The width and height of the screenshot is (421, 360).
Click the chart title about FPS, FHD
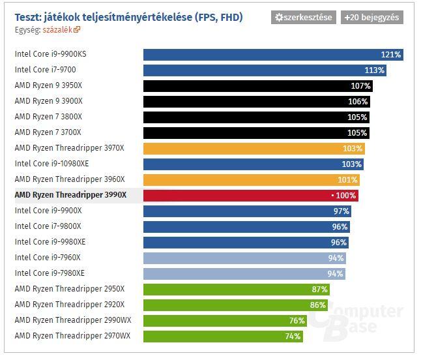[x=128, y=17]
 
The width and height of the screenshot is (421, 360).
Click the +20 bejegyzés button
[x=371, y=18]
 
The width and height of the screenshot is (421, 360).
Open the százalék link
[x=61, y=29]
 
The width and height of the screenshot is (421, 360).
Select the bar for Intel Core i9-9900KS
[x=272, y=55]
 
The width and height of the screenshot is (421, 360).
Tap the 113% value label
[x=375, y=70]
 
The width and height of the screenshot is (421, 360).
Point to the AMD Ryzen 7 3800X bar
[x=256, y=117]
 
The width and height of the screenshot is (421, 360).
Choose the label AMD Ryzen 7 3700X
[x=48, y=132]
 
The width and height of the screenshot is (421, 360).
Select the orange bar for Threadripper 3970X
[x=254, y=149]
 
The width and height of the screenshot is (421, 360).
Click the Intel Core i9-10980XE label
[x=51, y=164]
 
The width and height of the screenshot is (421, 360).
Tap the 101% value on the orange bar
[x=347, y=180]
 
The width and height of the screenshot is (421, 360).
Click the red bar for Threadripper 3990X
[x=251, y=196]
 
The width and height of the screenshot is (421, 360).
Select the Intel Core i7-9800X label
[x=48, y=226]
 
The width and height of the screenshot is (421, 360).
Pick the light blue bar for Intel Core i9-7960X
[x=244, y=258]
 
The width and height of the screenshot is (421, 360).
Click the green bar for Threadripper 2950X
[x=236, y=290]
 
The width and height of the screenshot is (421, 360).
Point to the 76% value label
[x=297, y=321]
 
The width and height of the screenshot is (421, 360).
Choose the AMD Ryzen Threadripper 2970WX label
[x=72, y=336]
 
